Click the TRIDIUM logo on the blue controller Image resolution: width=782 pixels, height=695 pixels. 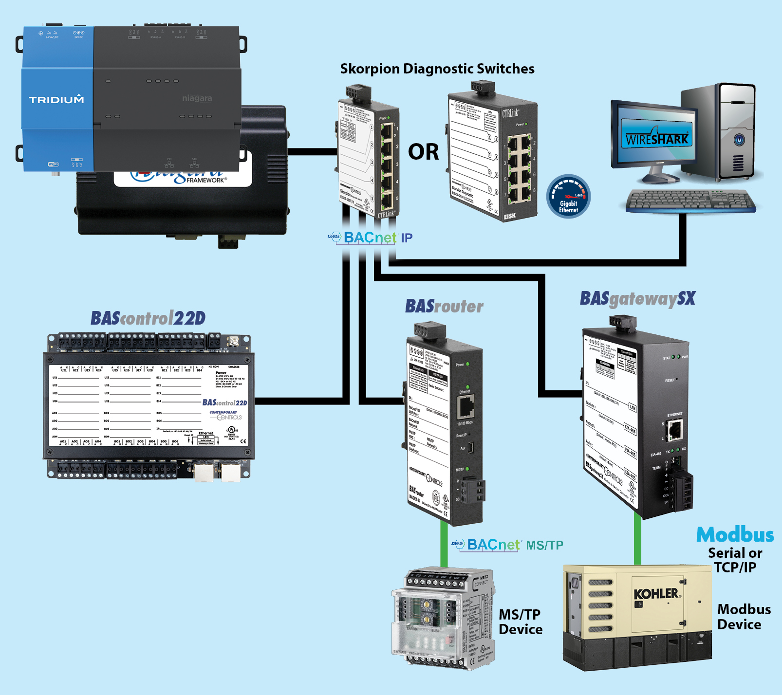56,100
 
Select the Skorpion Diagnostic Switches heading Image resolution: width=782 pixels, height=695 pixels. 437,69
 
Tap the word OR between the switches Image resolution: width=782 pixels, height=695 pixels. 423,152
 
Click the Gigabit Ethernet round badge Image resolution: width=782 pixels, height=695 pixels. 568,196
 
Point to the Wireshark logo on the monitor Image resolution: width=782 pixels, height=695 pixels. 657,138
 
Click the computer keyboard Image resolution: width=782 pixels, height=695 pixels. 691,201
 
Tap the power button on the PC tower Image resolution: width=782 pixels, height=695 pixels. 739,140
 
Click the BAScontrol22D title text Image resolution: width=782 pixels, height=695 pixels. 148,318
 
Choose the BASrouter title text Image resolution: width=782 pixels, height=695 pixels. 444,306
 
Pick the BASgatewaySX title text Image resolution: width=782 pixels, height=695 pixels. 637,298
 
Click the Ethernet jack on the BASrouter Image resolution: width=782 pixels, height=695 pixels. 466,406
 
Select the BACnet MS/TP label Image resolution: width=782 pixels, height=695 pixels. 507,545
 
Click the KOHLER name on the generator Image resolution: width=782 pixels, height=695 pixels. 656,594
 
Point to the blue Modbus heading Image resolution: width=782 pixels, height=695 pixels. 735,534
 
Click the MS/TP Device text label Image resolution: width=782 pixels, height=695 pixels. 520,622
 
